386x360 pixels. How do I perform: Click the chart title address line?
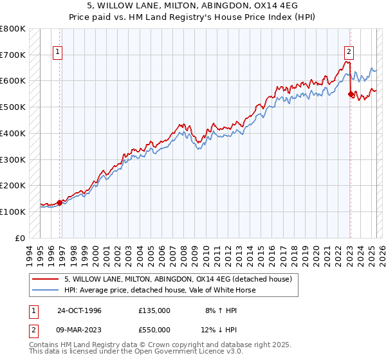193,6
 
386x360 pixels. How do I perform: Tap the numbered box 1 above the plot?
58,53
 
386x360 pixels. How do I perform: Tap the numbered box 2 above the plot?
349,53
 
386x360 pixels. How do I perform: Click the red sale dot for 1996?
59,203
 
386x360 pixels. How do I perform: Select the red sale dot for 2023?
351,94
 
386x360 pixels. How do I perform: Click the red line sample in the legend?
46,279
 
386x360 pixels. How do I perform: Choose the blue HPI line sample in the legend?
46,290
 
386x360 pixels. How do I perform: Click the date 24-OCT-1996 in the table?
78,310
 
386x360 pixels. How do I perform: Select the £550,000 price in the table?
154,330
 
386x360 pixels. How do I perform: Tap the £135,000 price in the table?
154,310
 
